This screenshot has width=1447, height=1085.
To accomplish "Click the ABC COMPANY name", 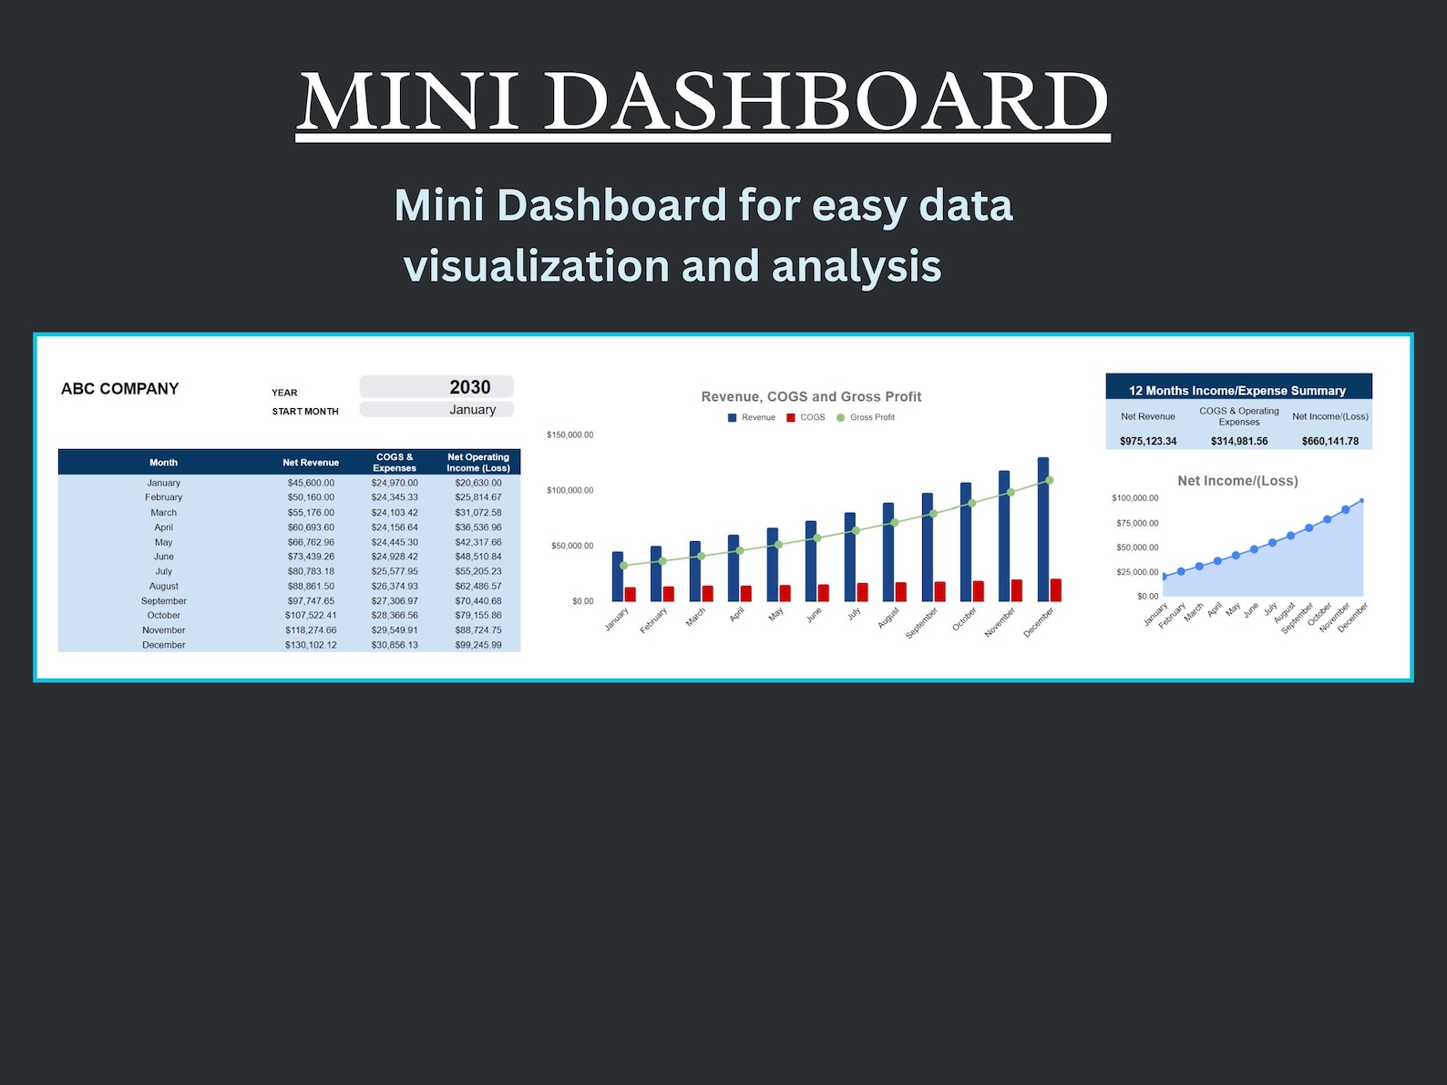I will [119, 389].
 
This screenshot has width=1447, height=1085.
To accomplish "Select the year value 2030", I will [469, 387].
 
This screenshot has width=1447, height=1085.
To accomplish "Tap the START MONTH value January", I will [472, 410].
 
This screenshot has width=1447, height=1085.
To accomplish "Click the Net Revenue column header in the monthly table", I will [310, 463].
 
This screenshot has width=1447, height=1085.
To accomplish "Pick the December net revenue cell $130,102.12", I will [310, 645].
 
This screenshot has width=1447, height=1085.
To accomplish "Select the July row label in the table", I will [163, 571].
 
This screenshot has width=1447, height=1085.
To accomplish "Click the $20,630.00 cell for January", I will [477, 483].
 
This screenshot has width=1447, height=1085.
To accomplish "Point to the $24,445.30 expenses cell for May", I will [394, 542].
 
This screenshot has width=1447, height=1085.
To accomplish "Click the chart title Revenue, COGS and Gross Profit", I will [811, 396].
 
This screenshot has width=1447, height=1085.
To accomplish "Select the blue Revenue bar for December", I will [1042, 528].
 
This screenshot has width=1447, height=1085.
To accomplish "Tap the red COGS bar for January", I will [630, 594].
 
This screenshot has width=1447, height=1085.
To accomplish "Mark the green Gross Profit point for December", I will [1050, 480].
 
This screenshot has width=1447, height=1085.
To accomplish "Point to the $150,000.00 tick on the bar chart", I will [570, 435].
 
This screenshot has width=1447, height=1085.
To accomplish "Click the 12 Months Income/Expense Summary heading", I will [1237, 391].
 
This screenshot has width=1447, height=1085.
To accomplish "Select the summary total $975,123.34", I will [1147, 441].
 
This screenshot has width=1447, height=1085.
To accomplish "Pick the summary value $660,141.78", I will [1329, 441].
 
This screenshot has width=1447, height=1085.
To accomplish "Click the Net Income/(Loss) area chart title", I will [1237, 481].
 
